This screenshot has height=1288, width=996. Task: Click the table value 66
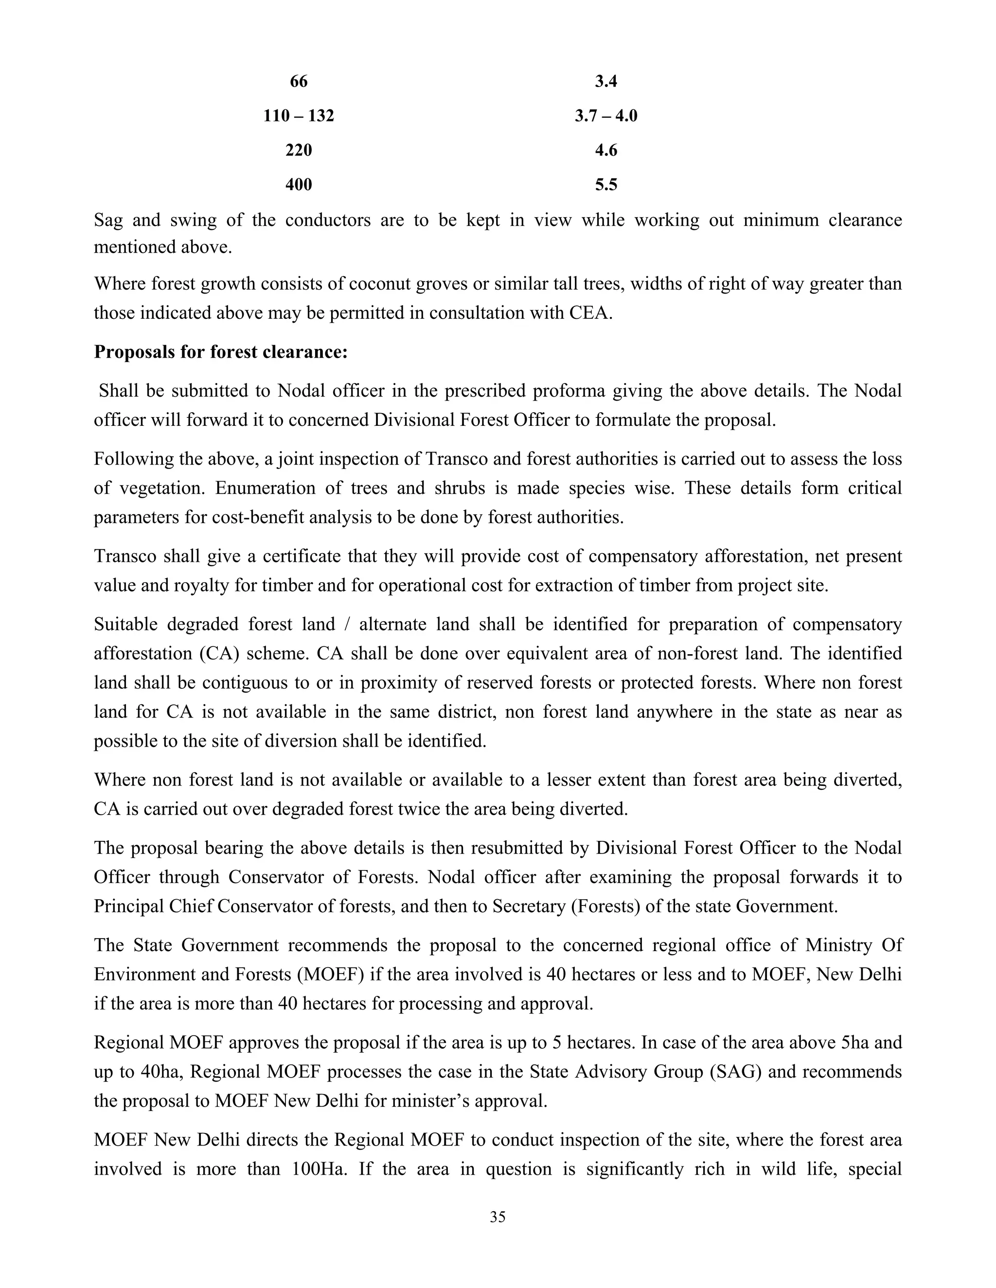coord(299,81)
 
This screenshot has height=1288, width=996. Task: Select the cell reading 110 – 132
coord(299,116)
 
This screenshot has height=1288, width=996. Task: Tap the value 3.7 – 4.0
coord(606,116)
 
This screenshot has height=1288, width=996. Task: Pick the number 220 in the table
coord(299,150)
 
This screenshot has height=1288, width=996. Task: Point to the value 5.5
coord(606,185)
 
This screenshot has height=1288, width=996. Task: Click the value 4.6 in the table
coord(606,150)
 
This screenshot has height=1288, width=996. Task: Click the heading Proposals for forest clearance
coord(221,352)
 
